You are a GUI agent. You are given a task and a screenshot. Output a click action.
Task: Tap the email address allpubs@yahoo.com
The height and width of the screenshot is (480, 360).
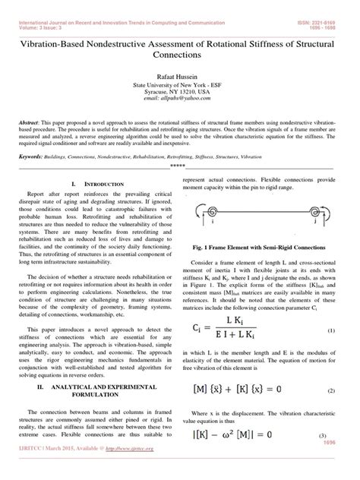(x=180, y=98)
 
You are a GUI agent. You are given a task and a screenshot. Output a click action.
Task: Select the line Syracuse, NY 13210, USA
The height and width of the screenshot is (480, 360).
(x=180, y=90)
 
